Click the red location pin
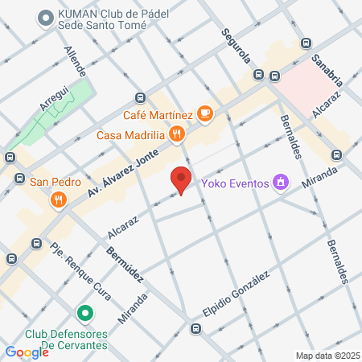(181, 180)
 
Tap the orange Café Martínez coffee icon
(205, 114)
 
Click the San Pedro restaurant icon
(57, 199)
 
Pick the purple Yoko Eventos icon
(280, 183)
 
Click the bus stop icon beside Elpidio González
(195, 328)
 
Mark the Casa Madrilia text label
(130, 134)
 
